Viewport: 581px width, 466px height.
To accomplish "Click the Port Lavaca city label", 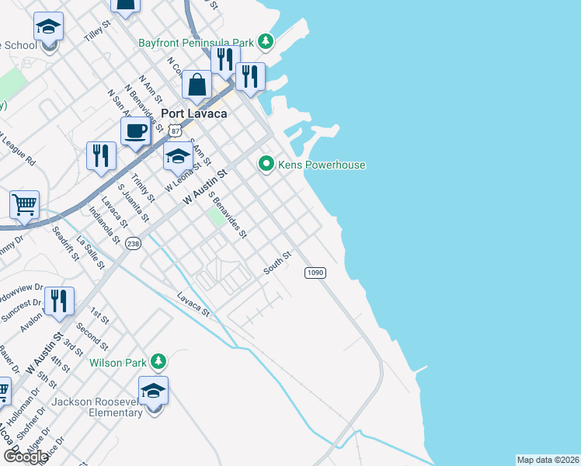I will point(193,113).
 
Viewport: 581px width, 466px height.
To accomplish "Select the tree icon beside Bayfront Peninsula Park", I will point(266,40).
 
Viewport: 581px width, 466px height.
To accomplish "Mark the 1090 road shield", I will point(315,273).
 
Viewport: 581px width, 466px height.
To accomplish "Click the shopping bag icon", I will point(198,85).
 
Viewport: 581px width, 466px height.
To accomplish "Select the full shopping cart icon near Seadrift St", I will point(24,206).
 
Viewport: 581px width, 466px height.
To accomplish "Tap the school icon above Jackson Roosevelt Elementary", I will point(154,390).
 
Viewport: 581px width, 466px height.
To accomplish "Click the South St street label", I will point(277,262).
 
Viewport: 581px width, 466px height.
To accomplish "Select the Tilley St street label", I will point(99,32).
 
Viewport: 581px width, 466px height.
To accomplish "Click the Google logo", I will point(26,456).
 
